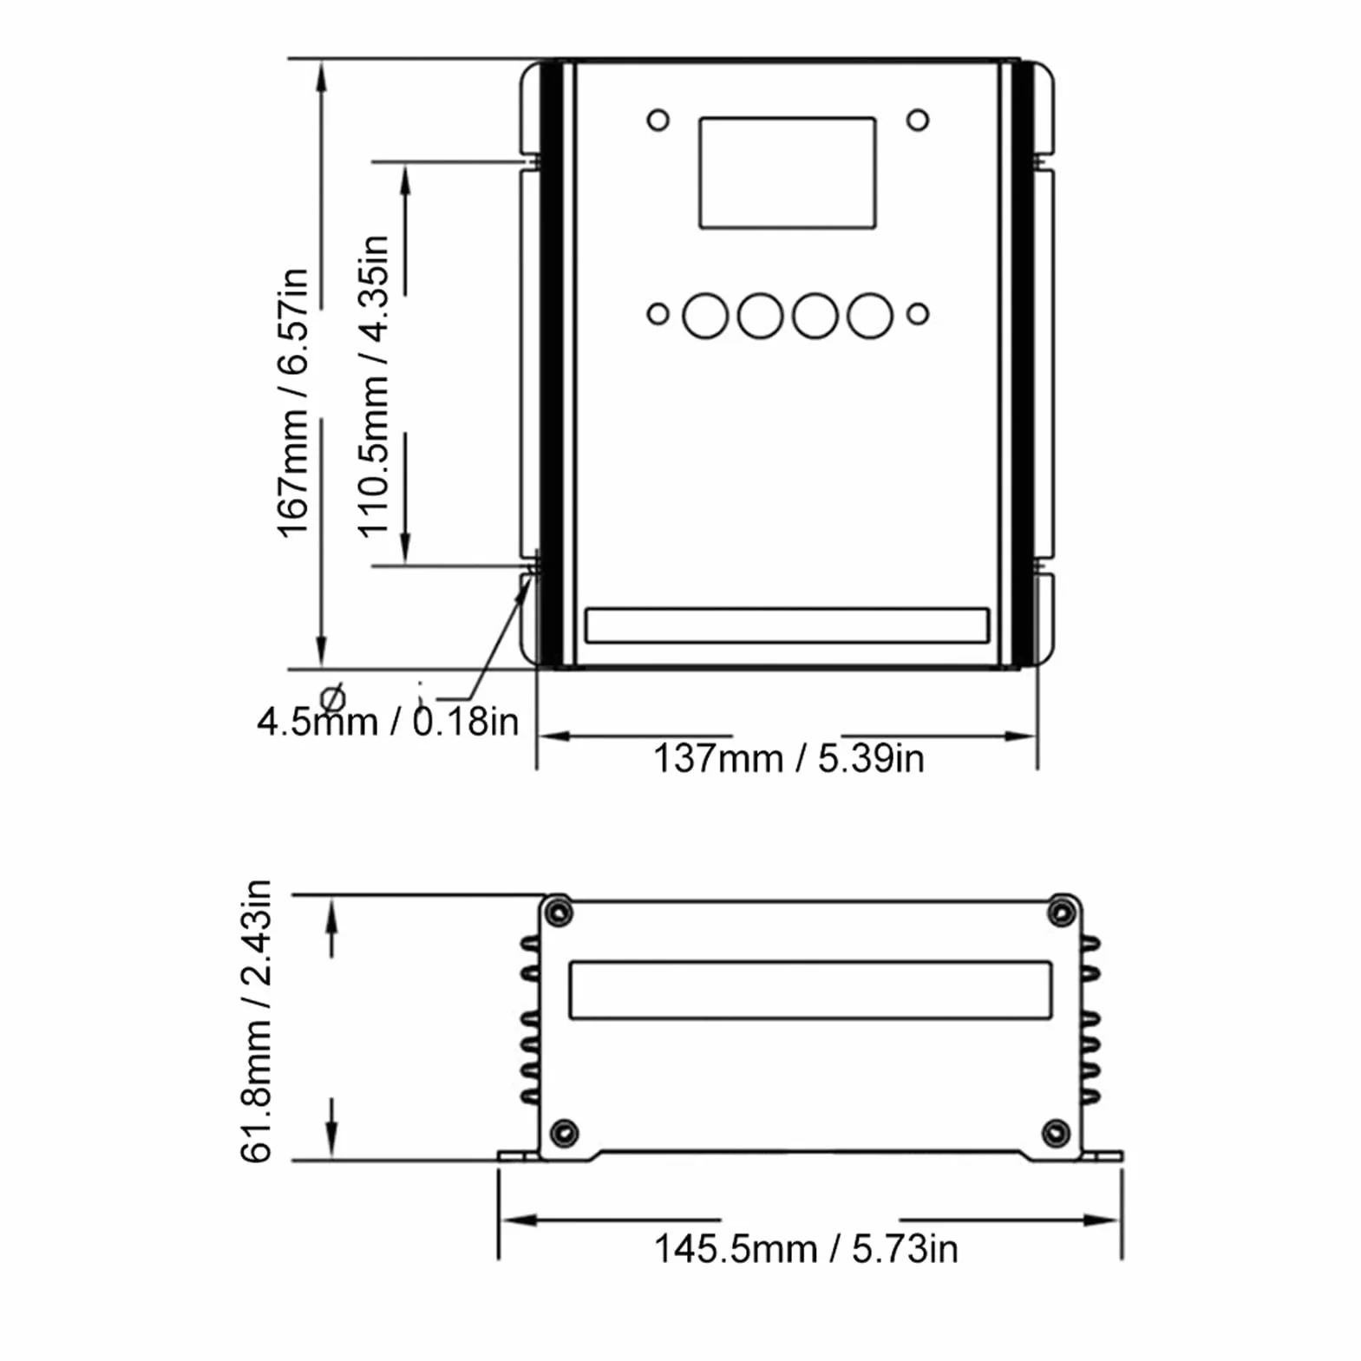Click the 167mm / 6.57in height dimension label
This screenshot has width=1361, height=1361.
292,403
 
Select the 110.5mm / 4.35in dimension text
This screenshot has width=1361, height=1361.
374,387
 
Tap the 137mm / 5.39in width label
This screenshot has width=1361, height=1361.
788,758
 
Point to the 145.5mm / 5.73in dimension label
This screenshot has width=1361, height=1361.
806,1250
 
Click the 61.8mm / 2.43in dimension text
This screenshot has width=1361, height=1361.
256,1021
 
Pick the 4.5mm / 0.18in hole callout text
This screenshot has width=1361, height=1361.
388,722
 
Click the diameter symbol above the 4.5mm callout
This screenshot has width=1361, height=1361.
332,697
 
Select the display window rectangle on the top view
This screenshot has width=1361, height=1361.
788,173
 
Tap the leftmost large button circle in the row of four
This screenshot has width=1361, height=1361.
705,315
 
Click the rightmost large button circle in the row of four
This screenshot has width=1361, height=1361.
870,315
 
